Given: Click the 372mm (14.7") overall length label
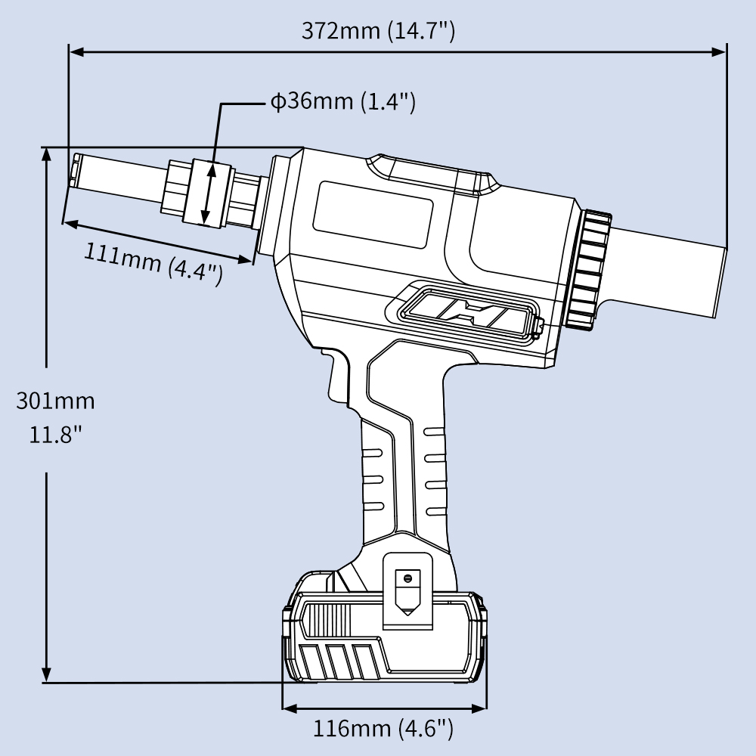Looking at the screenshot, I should click(x=378, y=31).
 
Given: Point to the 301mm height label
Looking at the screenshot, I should click(x=56, y=400).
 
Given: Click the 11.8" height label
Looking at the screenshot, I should click(x=56, y=435).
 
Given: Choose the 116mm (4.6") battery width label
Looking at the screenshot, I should click(x=383, y=729).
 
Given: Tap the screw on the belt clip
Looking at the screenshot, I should click(x=407, y=578).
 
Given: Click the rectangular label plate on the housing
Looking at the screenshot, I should click(x=373, y=216).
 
